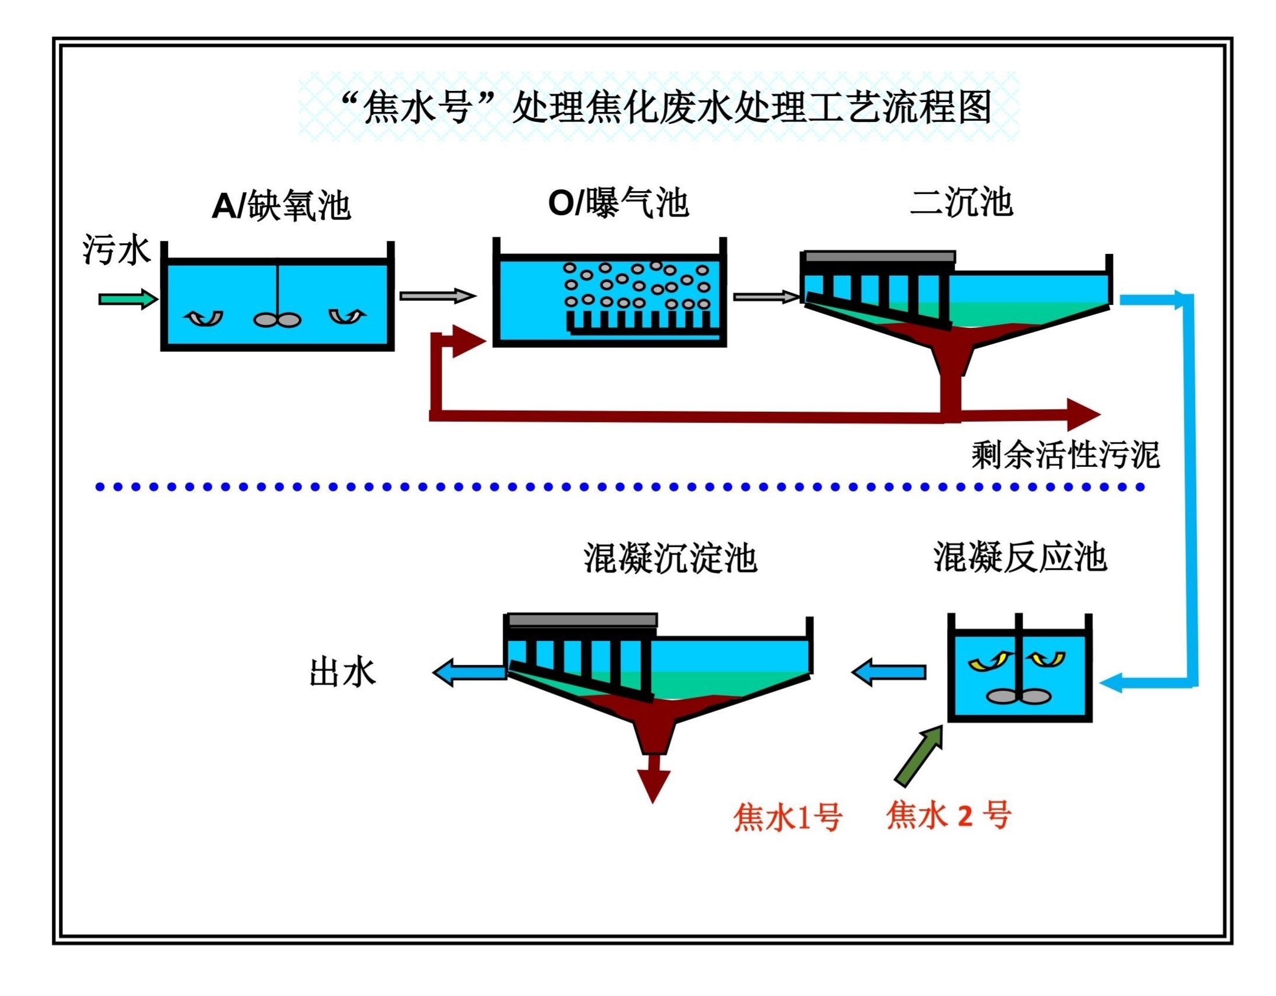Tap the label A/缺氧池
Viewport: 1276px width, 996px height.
281,206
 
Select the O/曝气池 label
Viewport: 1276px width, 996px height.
618,203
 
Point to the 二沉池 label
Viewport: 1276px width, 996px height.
961,202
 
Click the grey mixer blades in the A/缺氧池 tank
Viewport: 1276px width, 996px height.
277,320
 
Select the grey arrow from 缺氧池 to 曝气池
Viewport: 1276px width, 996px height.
437,296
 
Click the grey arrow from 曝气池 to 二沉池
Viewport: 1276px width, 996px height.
766,297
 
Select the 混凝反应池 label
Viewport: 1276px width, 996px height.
1020,557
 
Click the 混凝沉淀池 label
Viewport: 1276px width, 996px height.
670,557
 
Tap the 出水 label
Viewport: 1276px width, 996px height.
342,673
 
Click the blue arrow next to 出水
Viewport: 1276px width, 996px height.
469,672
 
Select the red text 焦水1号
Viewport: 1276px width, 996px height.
788,817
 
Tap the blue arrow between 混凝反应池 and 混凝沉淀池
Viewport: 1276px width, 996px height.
888,672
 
